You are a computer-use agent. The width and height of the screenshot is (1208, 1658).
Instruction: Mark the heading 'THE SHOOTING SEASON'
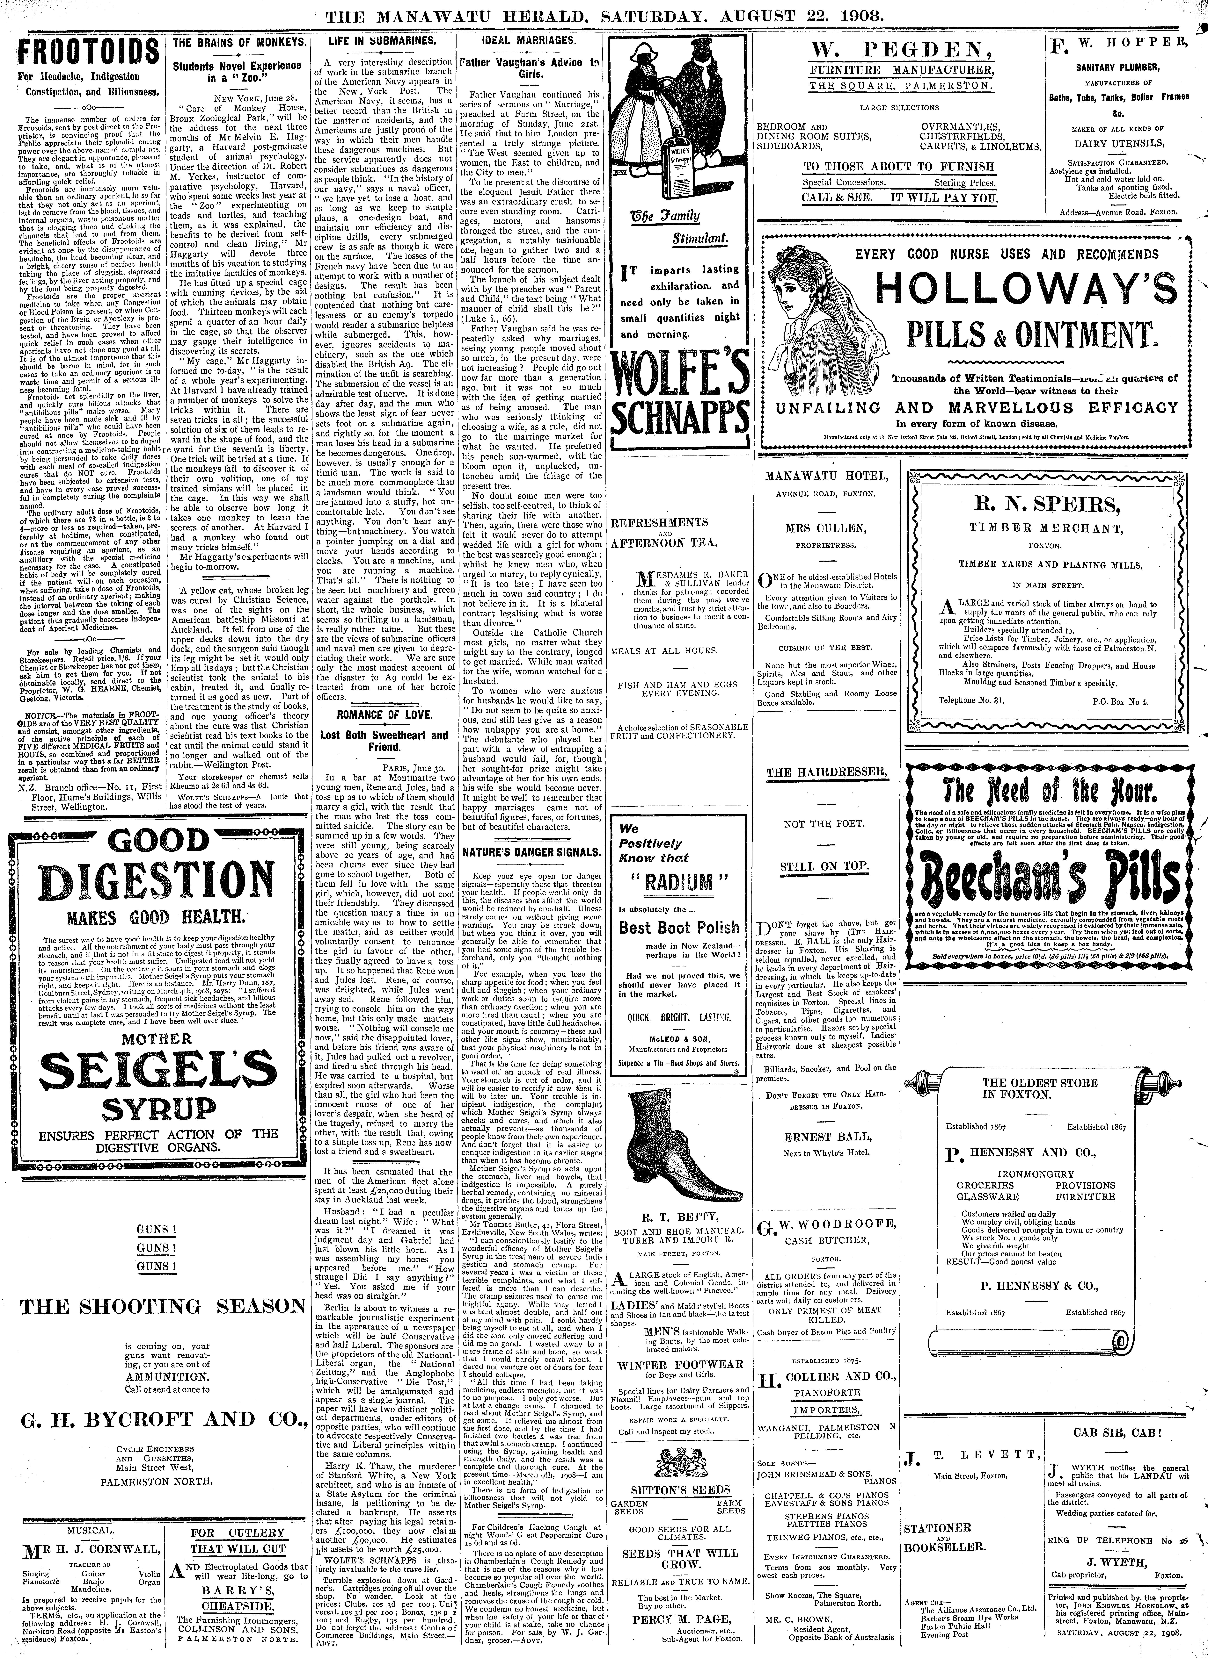(x=162, y=1306)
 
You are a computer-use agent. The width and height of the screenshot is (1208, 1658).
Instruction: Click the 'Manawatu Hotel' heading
(x=827, y=475)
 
